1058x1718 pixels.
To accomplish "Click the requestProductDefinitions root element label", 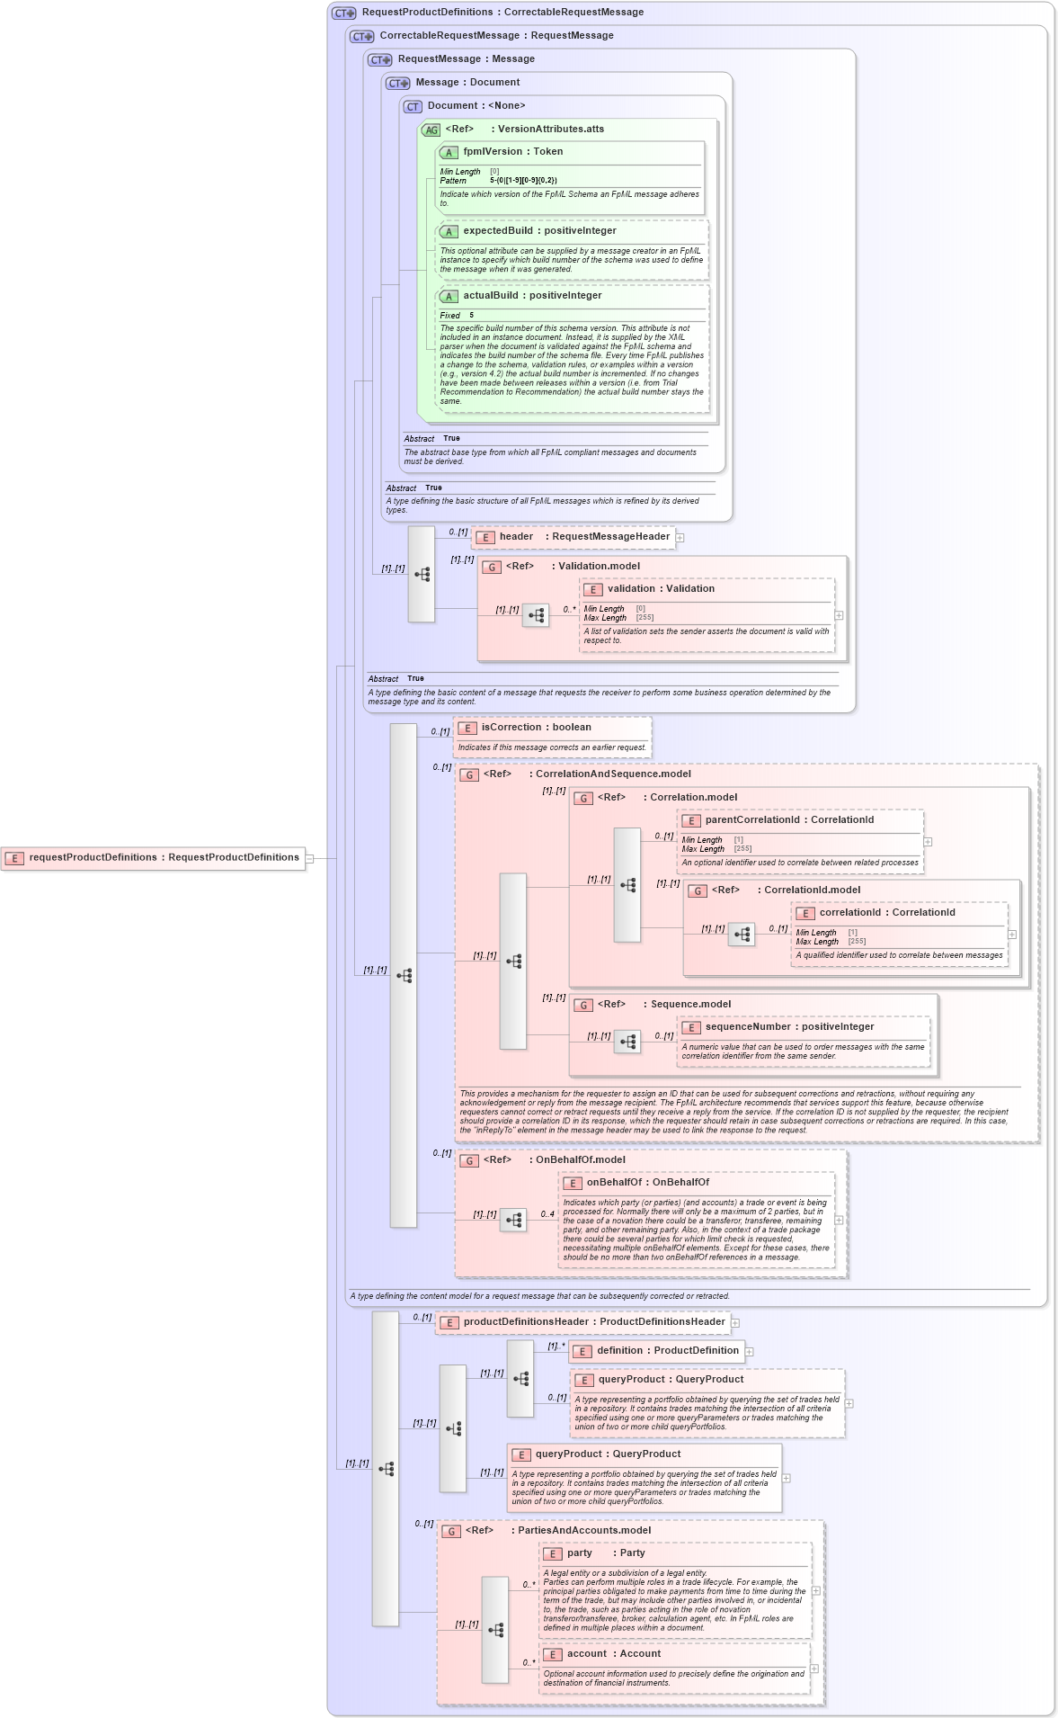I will click(164, 857).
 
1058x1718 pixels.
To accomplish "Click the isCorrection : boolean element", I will click(536, 728).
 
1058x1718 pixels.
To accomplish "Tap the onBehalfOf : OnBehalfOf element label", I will click(647, 1183).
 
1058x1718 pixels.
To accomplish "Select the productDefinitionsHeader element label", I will click(594, 1322).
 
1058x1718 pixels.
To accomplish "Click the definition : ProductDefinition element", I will click(667, 1351).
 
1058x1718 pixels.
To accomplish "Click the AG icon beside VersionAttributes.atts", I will click(431, 130).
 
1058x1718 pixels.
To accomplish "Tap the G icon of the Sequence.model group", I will click(583, 1005).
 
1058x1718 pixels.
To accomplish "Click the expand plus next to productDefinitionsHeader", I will click(735, 1323).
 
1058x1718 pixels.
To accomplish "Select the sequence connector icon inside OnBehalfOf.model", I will click(513, 1221).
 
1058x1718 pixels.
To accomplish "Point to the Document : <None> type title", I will click(476, 106).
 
